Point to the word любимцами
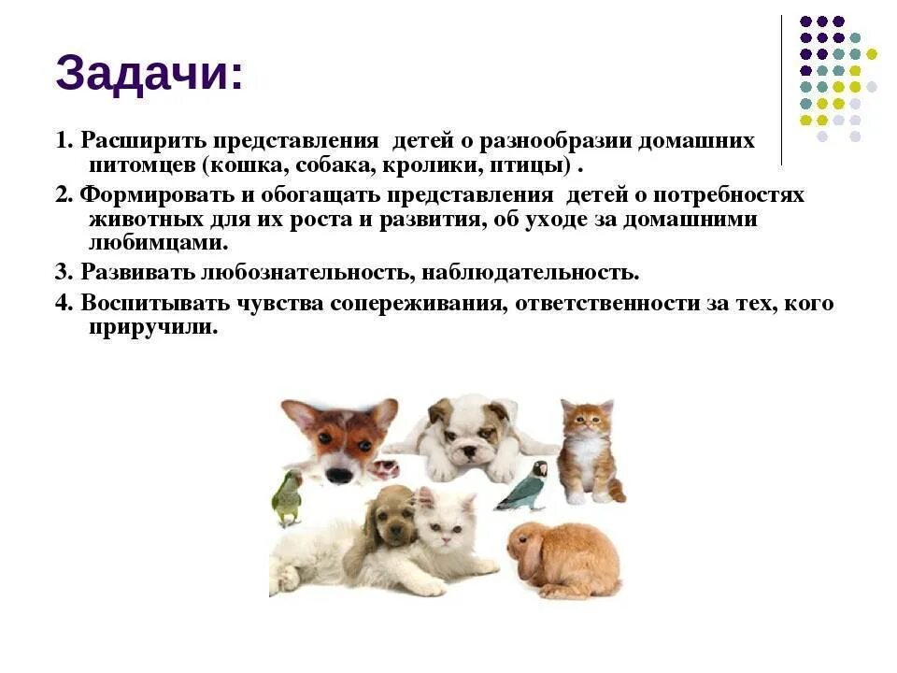[158, 243]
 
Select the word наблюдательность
[530, 273]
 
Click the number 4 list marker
[63, 304]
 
